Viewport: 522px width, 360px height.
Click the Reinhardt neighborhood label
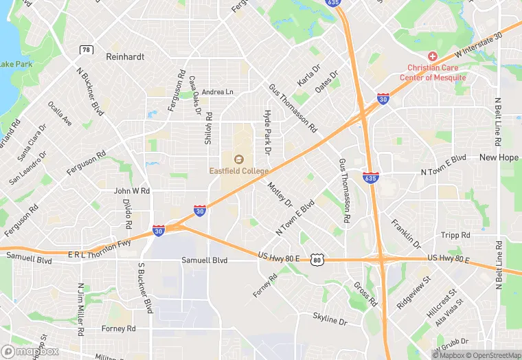(124, 58)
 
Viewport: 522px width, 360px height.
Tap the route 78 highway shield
(86, 49)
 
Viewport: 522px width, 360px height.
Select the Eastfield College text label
(239, 170)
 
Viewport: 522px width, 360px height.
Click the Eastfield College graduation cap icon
(239, 159)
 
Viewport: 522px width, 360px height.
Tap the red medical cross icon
(433, 56)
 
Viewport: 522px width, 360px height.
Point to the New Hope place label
(499, 157)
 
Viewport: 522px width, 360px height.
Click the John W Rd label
(132, 191)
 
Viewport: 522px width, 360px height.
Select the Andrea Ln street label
(218, 91)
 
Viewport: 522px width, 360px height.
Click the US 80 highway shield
(317, 259)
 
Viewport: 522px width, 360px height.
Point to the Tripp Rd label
(456, 235)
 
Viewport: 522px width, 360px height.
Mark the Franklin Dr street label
(406, 234)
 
